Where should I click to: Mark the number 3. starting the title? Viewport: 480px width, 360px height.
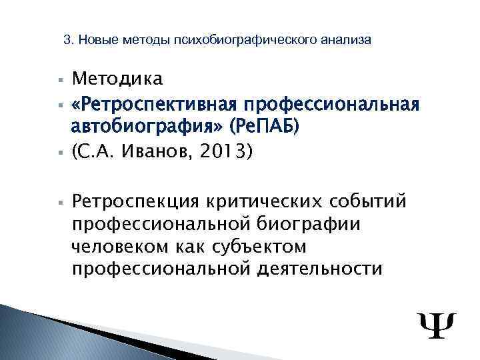tap(68, 40)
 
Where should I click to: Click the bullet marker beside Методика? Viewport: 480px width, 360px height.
tap(59, 80)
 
